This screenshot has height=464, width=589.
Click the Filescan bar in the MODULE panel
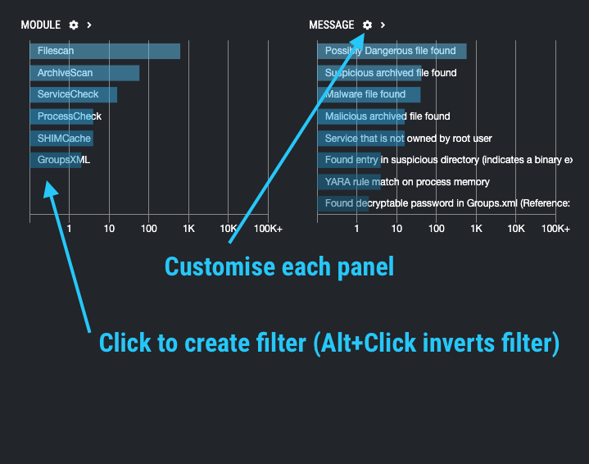105,51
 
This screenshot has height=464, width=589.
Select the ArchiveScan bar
84,73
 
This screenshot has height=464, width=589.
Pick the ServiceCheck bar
74,94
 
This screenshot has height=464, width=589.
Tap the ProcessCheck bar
64,116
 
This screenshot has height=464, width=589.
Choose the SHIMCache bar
61,139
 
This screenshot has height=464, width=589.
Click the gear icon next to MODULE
74,25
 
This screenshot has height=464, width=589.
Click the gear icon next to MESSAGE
367,25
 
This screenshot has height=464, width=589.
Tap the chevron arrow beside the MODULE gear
88,25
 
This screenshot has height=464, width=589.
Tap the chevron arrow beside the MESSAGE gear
383,25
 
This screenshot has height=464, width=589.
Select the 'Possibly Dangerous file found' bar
392,51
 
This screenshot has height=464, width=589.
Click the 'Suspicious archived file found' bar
369,73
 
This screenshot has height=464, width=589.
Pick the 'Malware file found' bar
369,94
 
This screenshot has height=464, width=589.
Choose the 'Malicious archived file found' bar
361,116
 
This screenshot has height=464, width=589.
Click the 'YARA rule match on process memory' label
407,181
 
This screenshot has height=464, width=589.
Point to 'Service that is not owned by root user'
408,139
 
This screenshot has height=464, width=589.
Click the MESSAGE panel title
332,25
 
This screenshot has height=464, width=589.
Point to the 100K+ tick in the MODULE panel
267,229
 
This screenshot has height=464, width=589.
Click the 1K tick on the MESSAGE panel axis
476,229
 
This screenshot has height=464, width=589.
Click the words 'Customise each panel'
279,267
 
